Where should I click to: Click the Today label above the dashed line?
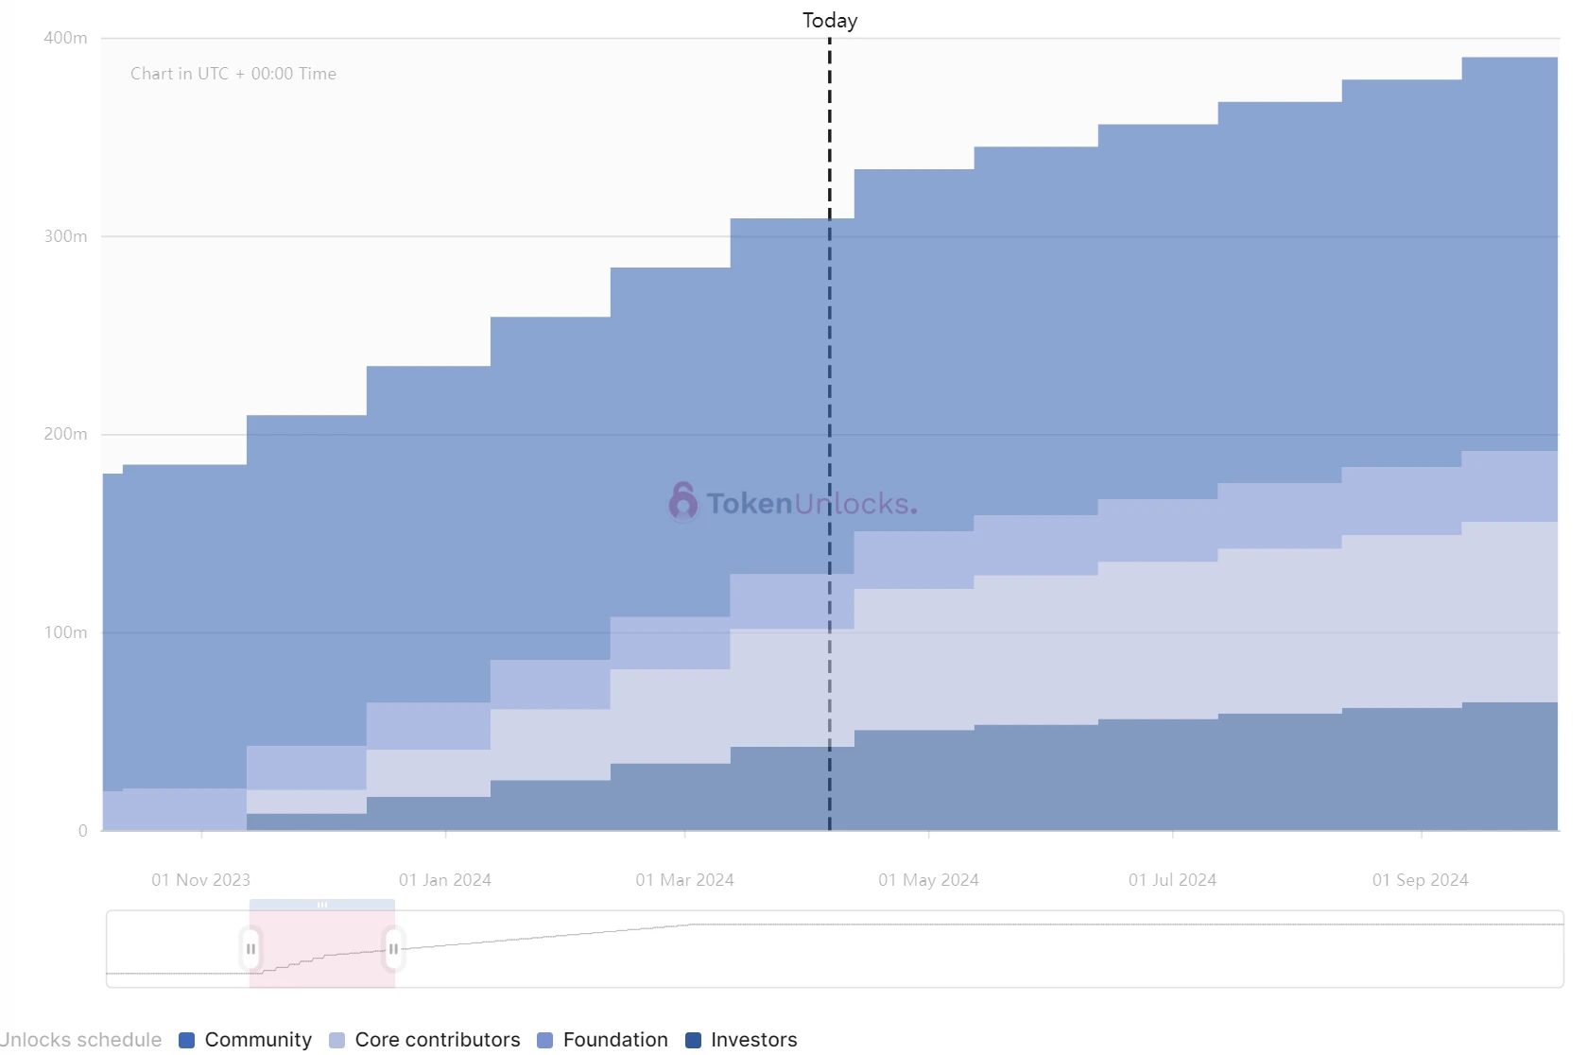[x=829, y=21]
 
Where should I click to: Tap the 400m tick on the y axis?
[x=65, y=38]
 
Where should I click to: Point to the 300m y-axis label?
[x=65, y=236]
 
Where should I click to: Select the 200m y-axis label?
[x=65, y=434]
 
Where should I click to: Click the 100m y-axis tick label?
[x=65, y=632]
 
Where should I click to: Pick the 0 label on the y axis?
[x=83, y=831]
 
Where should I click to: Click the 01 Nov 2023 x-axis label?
[x=200, y=880]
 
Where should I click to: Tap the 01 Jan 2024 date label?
[x=445, y=880]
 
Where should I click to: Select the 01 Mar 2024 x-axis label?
[x=684, y=880]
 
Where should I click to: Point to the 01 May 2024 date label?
[x=928, y=880]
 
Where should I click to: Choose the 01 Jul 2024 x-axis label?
[x=1172, y=880]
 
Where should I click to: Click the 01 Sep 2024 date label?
[x=1420, y=880]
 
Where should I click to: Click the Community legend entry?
[x=246, y=1040]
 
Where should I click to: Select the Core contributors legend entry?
[x=425, y=1040]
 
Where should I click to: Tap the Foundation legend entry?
[x=603, y=1040]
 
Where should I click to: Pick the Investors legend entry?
[x=742, y=1040]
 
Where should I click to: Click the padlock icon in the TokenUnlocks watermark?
[x=682, y=501]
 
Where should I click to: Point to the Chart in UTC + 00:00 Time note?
[x=233, y=74]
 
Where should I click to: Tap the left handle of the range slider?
[x=250, y=949]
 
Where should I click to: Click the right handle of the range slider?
[x=393, y=949]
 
